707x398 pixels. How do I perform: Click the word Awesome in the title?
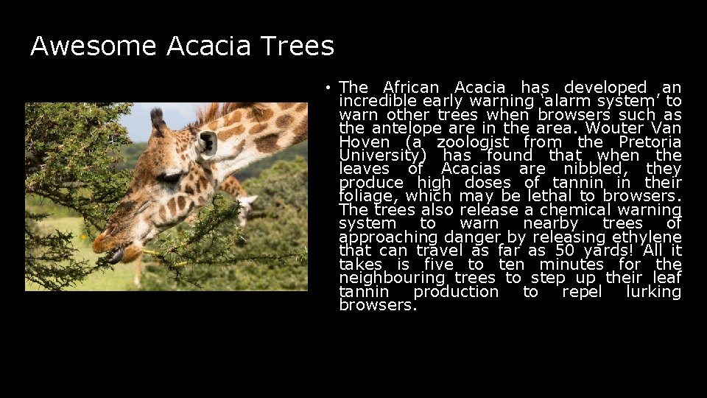94,46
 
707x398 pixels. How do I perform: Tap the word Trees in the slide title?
297,46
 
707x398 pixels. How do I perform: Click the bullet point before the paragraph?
327,88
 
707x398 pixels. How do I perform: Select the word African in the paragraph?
411,88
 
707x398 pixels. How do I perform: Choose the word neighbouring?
392,278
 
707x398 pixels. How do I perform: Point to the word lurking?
653,292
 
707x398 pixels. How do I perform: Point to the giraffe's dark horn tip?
157,117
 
